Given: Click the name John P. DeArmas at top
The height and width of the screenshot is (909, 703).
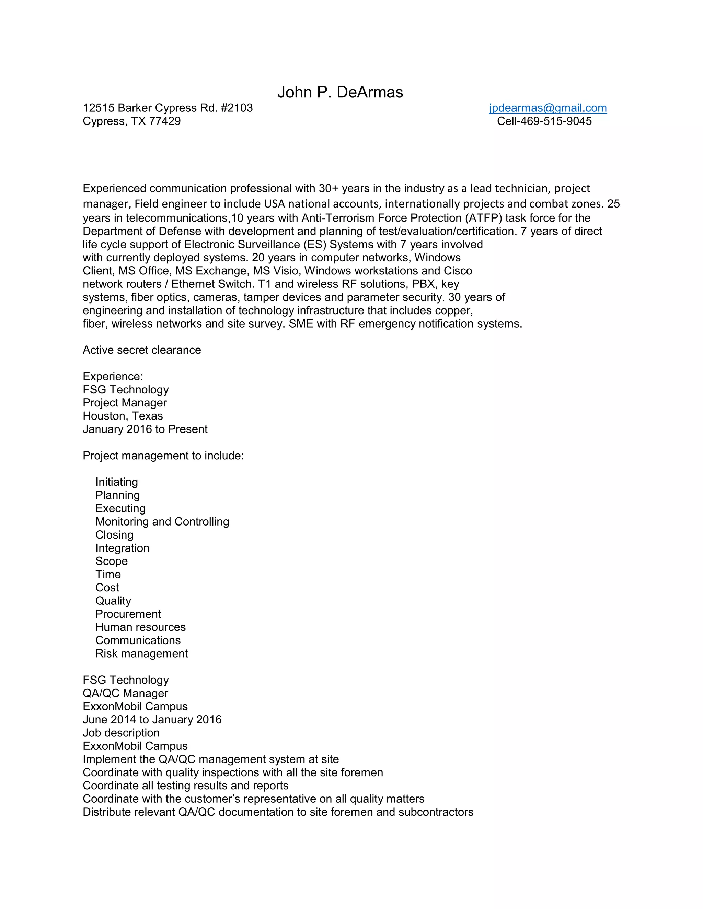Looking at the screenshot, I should [x=340, y=92].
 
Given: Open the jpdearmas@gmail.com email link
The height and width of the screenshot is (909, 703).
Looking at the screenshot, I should [x=548, y=108].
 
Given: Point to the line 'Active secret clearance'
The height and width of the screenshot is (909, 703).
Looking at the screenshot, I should [x=142, y=350].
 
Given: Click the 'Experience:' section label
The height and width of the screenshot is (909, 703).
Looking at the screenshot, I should [x=113, y=376].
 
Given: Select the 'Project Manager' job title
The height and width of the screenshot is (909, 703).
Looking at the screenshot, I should [x=125, y=403].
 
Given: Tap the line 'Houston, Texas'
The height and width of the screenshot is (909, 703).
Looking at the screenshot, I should [x=123, y=416].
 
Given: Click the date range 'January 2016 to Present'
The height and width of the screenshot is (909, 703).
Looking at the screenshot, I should [x=145, y=429].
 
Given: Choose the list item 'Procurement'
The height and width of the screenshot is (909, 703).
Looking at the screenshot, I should [x=128, y=614].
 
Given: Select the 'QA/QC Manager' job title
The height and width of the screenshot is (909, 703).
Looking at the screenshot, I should [x=125, y=693].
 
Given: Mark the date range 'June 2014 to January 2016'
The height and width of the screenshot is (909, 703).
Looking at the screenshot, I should [x=152, y=720].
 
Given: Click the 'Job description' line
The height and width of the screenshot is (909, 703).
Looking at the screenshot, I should [x=121, y=733].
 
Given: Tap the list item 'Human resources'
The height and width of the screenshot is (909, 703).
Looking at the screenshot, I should [x=140, y=627].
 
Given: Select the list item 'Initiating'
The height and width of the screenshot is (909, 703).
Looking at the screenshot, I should [x=117, y=482].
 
